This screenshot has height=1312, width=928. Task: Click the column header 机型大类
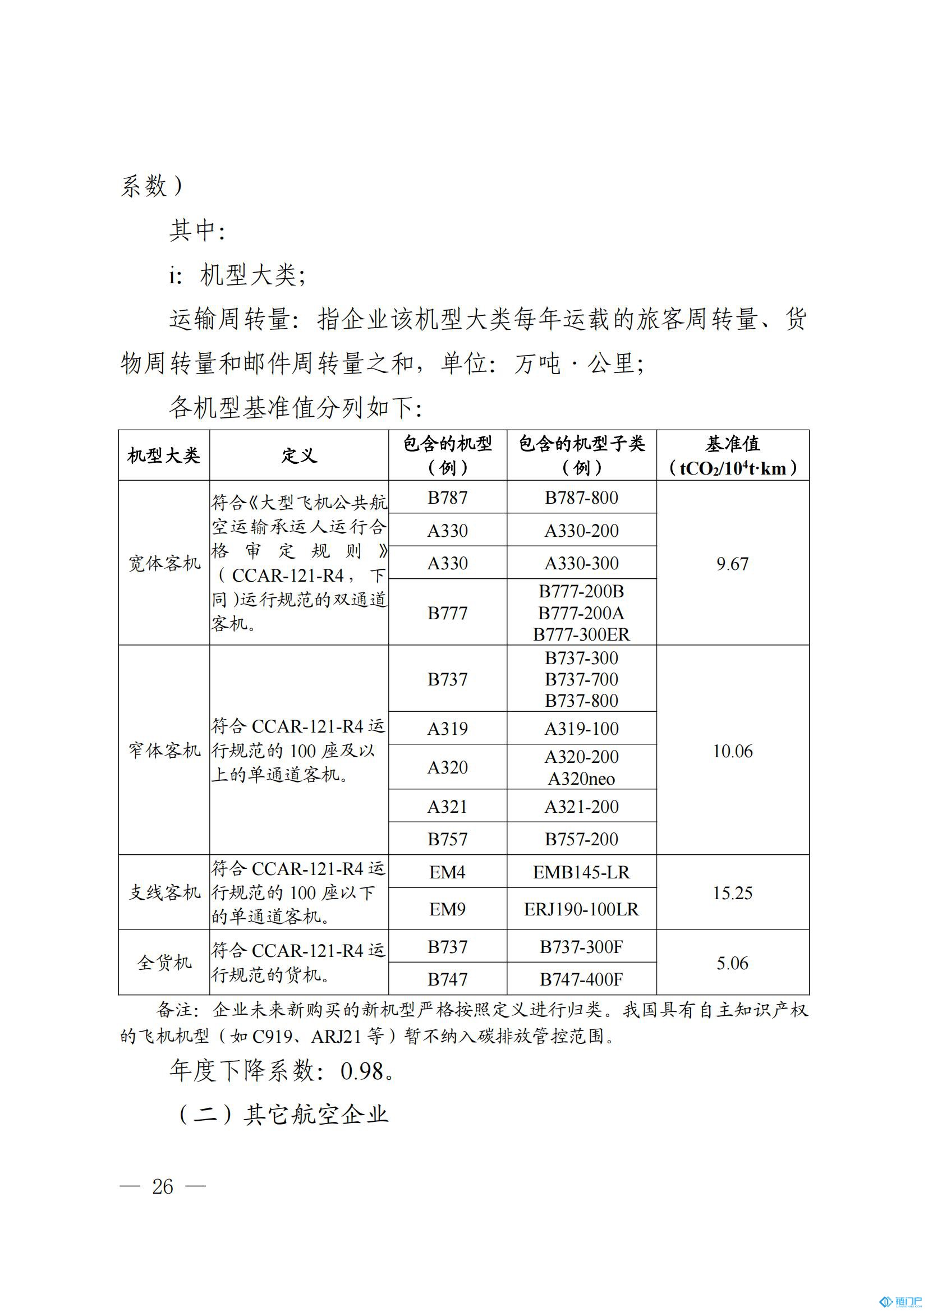click(163, 455)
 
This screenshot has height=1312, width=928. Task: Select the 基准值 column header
click(733, 455)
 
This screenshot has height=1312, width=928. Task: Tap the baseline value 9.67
click(733, 563)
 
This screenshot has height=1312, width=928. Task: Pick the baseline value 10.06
click(733, 751)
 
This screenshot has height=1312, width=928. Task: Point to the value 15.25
click(733, 892)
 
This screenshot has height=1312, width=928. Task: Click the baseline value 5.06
click(733, 964)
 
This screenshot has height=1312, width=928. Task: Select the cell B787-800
click(581, 498)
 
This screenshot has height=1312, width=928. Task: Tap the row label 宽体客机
click(164, 563)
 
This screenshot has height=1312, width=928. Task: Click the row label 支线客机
click(164, 892)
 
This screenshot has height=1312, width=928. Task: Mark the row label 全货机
click(164, 964)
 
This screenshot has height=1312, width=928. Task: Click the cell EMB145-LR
click(581, 873)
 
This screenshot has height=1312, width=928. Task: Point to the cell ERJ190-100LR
click(581, 909)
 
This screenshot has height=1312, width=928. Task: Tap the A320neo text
click(581, 779)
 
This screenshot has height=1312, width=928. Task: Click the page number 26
click(163, 1186)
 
